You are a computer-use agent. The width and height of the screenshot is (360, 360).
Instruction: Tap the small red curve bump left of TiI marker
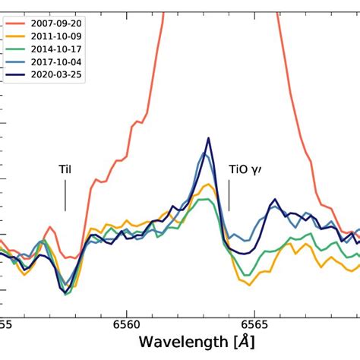(x=49, y=227)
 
